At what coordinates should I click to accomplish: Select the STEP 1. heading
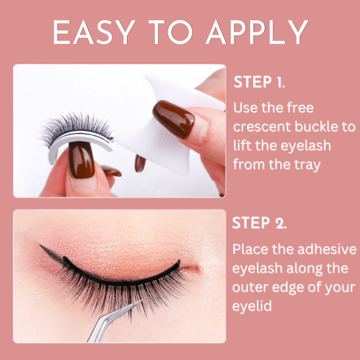point(259,82)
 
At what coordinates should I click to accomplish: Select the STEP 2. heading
point(259,223)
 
